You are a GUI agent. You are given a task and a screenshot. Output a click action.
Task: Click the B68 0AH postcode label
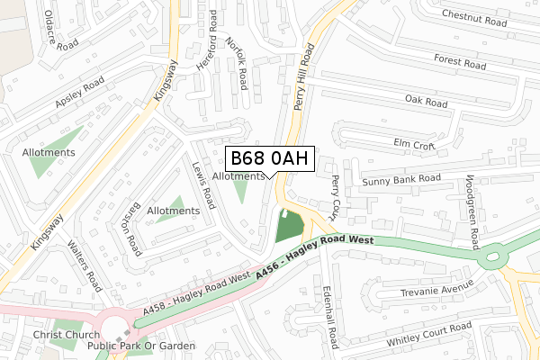pos(270,158)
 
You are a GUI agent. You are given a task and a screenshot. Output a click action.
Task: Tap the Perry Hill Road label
pos(303,81)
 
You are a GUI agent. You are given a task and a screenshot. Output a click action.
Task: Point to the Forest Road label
pos(459,63)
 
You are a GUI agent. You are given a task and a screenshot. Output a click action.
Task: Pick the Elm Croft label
pos(414,143)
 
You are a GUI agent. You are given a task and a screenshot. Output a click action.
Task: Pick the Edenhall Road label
pos(329,317)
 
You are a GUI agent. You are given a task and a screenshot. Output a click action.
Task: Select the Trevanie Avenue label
pos(436,291)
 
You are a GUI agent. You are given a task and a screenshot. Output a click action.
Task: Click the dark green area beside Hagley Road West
pos(288,227)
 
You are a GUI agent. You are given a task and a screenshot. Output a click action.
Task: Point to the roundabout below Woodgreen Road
pos(492,258)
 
